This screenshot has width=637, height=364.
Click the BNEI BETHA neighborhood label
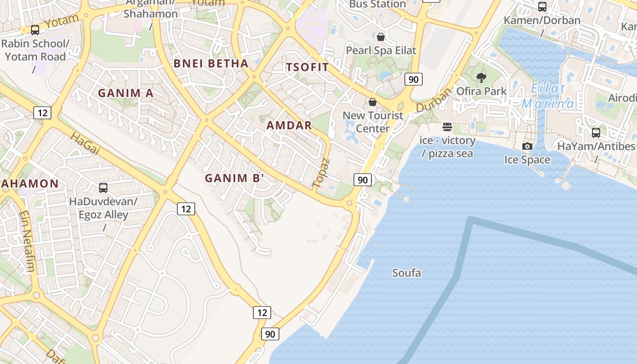pos(211,64)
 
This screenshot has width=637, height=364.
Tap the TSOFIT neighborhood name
pos(307,67)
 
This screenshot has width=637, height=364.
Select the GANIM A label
pos(126,93)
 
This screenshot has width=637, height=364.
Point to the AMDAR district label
pos(289,126)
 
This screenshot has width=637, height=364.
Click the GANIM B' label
pos(234,178)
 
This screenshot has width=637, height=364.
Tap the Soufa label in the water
pos(406,273)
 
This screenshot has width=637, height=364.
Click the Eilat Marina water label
pos(548,96)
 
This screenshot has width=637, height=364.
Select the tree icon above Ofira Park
pos(481,78)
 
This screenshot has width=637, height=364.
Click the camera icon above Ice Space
pos(527,146)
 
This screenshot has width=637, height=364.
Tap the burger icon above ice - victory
pos(447,126)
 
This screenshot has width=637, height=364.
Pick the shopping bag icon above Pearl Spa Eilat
pos(381,36)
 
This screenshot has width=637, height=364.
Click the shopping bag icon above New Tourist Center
pos(373,102)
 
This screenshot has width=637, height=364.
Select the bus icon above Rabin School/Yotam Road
pos(35,30)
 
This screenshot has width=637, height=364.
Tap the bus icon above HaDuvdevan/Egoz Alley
pos(103,187)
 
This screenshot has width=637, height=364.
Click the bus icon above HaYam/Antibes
pos(596,132)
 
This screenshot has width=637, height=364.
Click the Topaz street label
pos(320,173)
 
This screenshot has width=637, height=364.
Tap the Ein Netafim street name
pos(27,241)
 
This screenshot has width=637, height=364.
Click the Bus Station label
pos(377,5)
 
